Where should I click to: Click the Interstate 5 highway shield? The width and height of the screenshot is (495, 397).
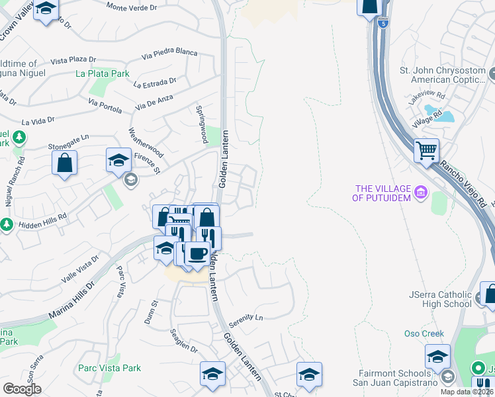pyautogui.click(x=384, y=23)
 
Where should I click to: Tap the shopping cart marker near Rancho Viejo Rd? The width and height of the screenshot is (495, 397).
pyautogui.click(x=427, y=150)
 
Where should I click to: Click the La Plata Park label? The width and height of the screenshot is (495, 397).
pyautogui.click(x=103, y=73)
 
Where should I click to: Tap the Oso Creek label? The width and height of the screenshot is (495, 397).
pyautogui.click(x=424, y=333)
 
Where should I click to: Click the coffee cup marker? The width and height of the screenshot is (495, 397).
pyautogui.click(x=197, y=253)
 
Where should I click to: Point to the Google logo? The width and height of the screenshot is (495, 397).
pyautogui.click(x=22, y=389)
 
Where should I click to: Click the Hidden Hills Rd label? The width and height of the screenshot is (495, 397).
pyautogui.click(x=44, y=216)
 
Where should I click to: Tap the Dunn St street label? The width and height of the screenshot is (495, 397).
pyautogui.click(x=154, y=308)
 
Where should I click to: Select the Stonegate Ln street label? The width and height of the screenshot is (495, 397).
pyautogui.click(x=68, y=142)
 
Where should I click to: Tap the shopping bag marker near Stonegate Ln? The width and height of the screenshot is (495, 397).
pyautogui.click(x=64, y=163)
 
